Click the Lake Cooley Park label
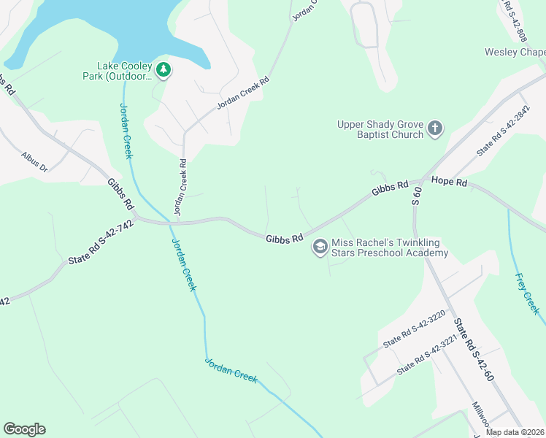[x=125, y=70]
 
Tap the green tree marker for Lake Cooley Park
[x=165, y=70]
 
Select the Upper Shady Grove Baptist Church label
[x=380, y=129]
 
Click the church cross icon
[x=434, y=129]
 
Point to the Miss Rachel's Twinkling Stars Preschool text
[x=390, y=248]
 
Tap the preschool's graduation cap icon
[x=320, y=247]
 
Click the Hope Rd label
[x=449, y=180]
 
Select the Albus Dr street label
[x=34, y=162]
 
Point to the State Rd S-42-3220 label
[x=414, y=331]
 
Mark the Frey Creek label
[x=527, y=293]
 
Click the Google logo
[x=24, y=429]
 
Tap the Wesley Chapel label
[x=515, y=53]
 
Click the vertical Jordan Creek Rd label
[x=180, y=187]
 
